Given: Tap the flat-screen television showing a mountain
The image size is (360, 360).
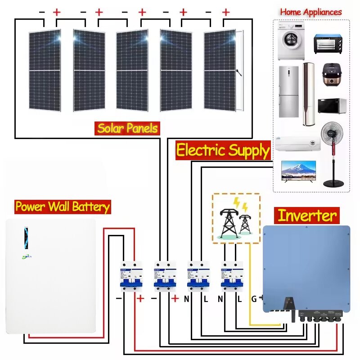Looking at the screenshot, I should click(298, 171).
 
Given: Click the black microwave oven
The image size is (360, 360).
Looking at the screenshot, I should click(333, 106).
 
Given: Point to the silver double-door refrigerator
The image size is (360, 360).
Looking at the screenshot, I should click(288, 92).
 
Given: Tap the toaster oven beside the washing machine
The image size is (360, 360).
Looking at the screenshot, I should click(328, 44).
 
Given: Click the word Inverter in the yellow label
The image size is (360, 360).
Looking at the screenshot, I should click(307, 216).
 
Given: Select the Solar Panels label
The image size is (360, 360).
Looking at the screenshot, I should click(128, 129).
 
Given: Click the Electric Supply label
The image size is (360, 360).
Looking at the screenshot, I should click(223, 150).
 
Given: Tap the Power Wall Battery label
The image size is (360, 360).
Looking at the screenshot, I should click(63, 207).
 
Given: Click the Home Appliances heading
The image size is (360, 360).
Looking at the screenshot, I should click(311, 12).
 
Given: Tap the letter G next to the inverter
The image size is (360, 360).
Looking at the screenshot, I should click(254, 298).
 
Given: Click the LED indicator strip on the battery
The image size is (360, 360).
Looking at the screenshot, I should click(26, 237).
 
